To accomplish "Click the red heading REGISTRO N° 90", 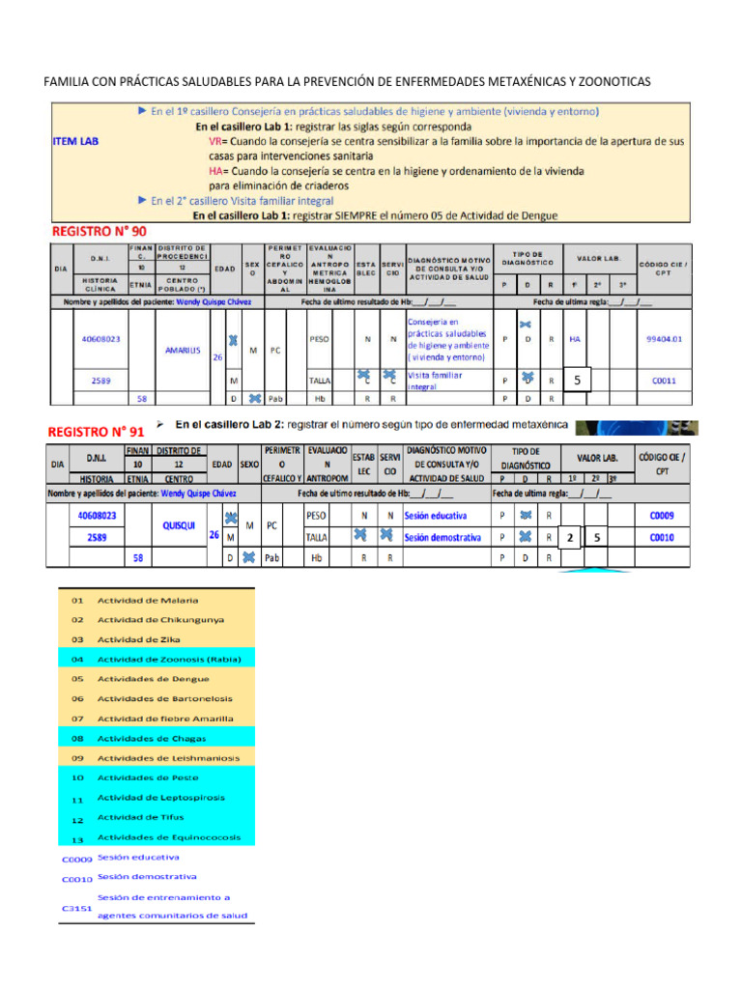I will pos(99,232).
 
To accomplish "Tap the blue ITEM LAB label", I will pos(74,141).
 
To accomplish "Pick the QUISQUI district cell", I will pos(182,526).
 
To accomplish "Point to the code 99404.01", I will pos(665,339).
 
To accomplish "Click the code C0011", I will pos(664,381).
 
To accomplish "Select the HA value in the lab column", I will pos(575,339).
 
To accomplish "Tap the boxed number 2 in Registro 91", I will pos(570,538).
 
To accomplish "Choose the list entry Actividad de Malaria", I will pos(148,600).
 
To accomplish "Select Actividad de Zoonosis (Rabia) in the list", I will pos(169,660).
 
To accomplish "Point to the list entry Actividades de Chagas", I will pos(151,738).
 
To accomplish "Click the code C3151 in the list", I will pos(75,909).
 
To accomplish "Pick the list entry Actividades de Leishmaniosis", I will pos(168,758).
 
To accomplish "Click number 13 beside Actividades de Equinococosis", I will pos(76,838).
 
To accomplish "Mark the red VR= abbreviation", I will pos(217,141).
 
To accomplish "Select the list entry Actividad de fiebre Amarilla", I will pos(165,719).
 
